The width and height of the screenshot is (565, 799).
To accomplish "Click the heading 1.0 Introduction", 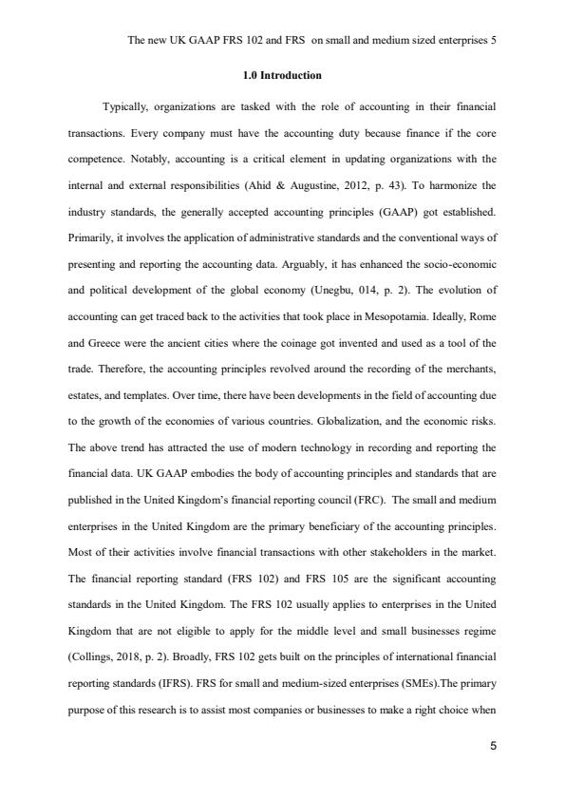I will click(x=282, y=74).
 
